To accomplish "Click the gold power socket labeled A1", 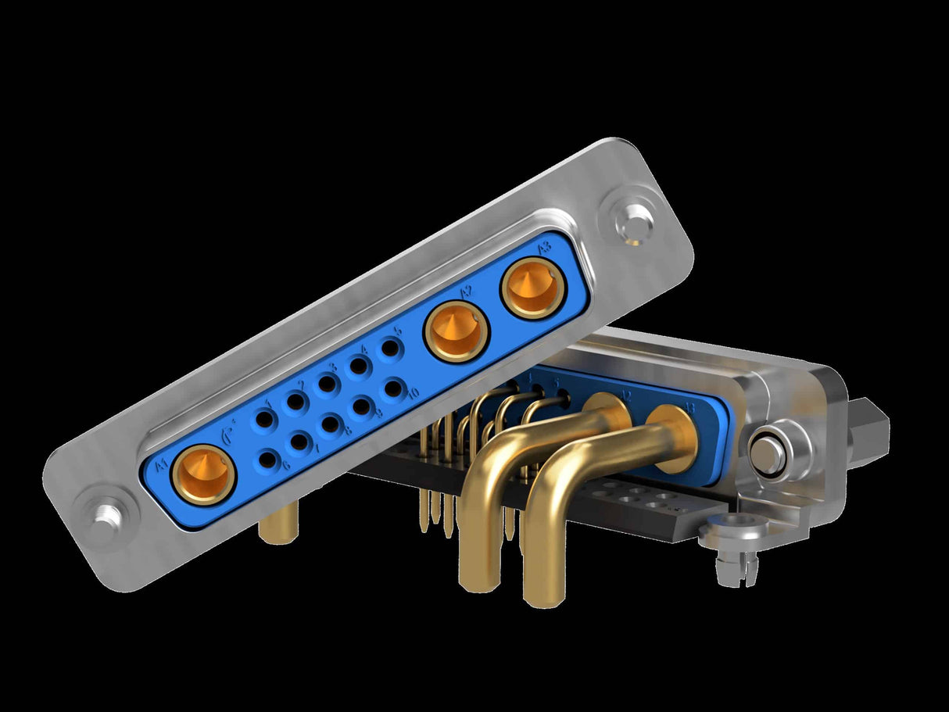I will [x=203, y=475].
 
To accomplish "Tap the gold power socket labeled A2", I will [x=457, y=331].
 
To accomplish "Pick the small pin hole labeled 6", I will [x=267, y=460].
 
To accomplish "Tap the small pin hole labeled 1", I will [x=264, y=420].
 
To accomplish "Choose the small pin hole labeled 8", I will [x=331, y=424].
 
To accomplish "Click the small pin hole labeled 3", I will [x=327, y=384].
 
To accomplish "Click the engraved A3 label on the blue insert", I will [x=545, y=249].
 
